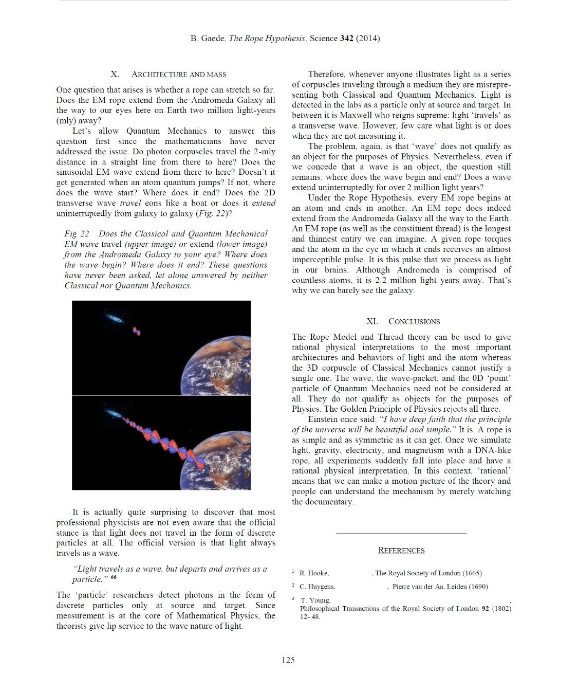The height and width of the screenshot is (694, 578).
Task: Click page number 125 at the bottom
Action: coord(288,660)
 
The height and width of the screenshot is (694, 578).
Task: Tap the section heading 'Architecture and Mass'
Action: coord(179,74)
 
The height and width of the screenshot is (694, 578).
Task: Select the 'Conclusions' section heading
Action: coord(414,321)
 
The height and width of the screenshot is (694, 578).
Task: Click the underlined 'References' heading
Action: coord(401,550)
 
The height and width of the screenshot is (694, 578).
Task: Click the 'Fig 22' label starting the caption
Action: coord(77,234)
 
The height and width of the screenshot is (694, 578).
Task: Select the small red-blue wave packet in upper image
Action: coord(136,331)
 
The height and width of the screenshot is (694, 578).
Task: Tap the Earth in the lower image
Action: coord(226,460)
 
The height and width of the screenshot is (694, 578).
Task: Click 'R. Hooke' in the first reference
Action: coord(314,573)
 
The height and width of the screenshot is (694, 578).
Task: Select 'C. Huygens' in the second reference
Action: coord(318,587)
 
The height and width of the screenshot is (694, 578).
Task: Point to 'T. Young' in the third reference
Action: coord(315,600)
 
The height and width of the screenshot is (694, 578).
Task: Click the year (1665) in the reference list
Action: coord(472,573)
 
